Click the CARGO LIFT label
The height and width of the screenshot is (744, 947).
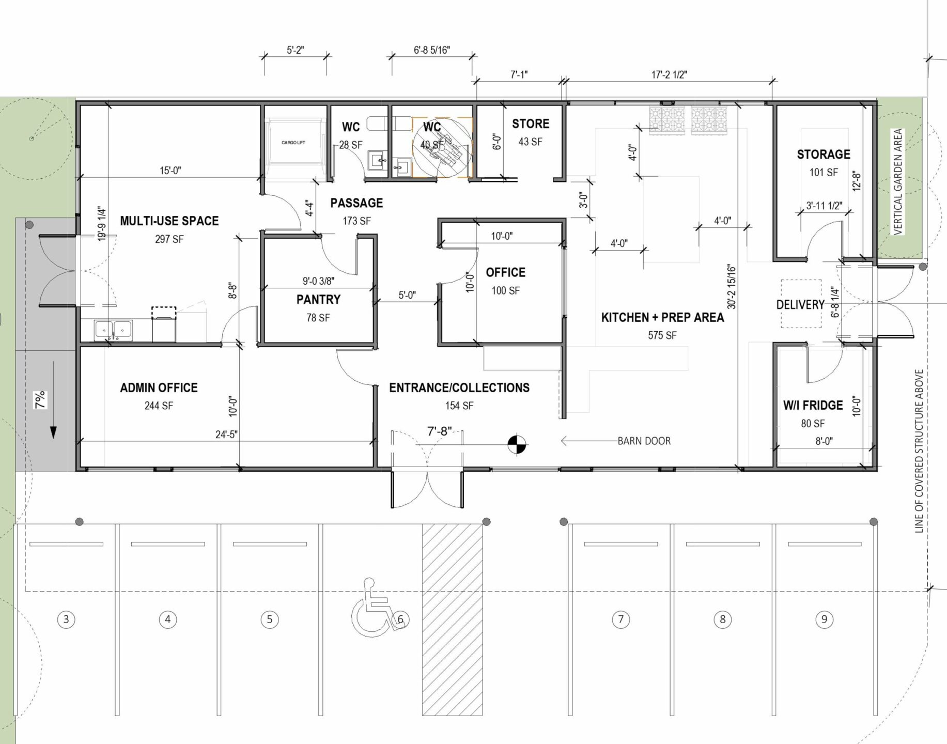pos(293,143)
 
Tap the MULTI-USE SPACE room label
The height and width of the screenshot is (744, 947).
pos(169,221)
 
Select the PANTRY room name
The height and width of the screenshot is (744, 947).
pos(318,300)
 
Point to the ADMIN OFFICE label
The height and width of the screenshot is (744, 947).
pos(159,388)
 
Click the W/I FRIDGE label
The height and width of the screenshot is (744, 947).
pos(813,406)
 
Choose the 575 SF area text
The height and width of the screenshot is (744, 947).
pos(662,335)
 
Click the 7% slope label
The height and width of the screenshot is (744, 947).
pos(40,399)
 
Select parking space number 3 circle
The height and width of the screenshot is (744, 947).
pos(66,619)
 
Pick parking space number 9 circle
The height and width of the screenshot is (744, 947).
pos(824,619)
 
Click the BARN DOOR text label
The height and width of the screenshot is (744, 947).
pos(644,441)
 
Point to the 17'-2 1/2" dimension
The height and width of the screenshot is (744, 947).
pos(669,75)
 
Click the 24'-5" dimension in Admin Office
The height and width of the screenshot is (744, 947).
pos(226,435)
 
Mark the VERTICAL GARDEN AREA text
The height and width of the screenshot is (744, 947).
pos(898,182)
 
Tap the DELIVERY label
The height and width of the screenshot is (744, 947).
pos(800,305)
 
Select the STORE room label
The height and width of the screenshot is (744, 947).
pos(531,124)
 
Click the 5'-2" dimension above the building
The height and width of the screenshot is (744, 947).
pos(296,50)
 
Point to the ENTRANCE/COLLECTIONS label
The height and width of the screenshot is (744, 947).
pos(459,388)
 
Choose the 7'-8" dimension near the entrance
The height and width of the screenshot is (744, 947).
pos(440,430)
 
